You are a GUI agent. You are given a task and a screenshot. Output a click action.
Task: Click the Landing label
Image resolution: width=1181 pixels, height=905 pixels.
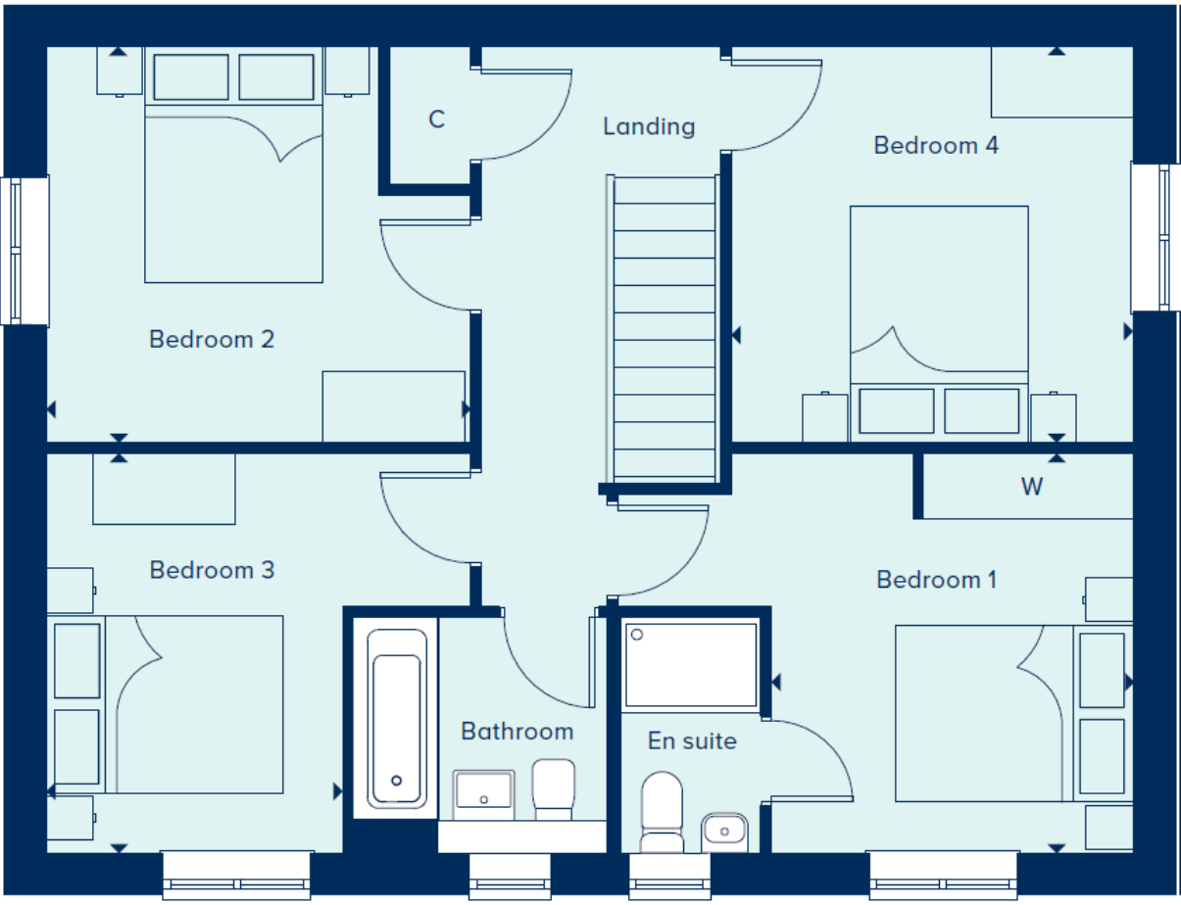coord(649,127)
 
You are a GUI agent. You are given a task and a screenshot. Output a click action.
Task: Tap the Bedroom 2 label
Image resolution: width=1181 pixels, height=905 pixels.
coord(212,339)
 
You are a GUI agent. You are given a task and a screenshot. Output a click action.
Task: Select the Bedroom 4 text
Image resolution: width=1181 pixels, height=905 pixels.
coord(936,146)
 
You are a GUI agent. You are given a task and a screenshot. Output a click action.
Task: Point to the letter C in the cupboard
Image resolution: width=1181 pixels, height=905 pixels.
coord(436,119)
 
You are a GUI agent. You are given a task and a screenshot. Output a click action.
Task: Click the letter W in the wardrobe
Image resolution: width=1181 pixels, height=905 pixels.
coord(1032,487)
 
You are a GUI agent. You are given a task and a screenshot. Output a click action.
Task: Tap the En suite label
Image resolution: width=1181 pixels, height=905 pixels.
coord(692,741)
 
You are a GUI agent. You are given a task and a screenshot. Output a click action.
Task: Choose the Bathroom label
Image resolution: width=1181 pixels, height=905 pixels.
coord(517,732)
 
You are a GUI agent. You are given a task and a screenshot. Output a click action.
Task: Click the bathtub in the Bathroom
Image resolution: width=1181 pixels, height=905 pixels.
coord(396,718)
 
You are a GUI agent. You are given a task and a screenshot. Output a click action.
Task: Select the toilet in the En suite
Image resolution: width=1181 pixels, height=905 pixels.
coord(662,812)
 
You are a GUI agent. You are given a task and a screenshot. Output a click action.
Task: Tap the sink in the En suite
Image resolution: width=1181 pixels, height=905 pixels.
coord(724,833)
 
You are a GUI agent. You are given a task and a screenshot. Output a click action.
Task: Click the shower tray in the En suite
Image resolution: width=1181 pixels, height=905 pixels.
coord(691,665)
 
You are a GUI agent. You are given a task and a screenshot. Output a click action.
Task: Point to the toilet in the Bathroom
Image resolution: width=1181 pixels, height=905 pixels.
coord(554,789)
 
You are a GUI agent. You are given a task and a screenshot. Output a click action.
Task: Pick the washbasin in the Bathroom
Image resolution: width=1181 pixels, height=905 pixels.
coord(483,794)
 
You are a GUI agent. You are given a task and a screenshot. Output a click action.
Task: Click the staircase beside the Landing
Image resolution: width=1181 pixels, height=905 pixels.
coord(664,328)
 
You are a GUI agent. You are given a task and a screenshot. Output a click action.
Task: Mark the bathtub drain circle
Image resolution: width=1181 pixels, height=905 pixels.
coord(396,781)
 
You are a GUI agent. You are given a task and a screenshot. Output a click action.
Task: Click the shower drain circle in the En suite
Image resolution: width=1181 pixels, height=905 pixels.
coord(637,634)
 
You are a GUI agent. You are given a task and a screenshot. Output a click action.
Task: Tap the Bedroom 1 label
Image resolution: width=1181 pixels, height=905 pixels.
coord(936,580)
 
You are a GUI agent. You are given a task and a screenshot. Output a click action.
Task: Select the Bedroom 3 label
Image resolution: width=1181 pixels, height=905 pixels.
coord(212,570)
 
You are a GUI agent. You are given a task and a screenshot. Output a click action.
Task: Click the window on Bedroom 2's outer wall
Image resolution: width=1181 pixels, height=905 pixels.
coord(25,251)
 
